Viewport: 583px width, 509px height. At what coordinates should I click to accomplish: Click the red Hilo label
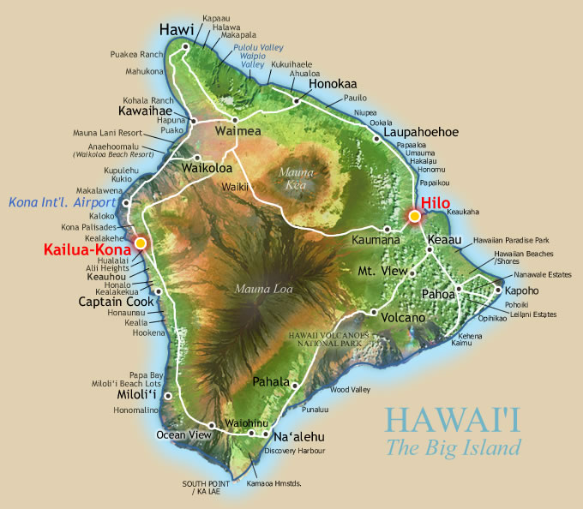pos(435,202)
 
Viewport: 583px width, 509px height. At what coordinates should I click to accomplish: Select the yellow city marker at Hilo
pos(414,216)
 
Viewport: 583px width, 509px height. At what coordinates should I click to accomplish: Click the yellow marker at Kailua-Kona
pos(140,243)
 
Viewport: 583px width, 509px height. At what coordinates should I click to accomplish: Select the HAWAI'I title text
pos(453,420)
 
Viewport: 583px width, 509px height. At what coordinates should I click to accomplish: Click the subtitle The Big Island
pos(453,447)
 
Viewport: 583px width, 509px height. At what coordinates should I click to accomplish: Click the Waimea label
pos(231,132)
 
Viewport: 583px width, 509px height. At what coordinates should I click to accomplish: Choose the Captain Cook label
pos(116,302)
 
